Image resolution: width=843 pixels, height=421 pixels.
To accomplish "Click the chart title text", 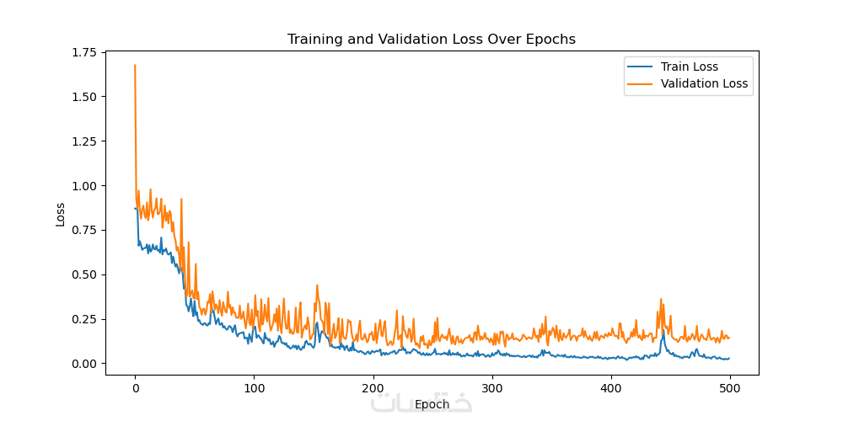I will [x=431, y=40].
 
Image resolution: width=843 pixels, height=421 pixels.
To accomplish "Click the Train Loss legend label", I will [x=695, y=67].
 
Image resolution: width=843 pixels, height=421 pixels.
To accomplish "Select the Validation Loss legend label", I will [x=704, y=83].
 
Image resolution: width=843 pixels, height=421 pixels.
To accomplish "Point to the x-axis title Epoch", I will [x=432, y=404].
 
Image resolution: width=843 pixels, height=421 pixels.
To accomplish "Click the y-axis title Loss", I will [x=60, y=214].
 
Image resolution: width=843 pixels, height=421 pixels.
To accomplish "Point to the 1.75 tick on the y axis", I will [x=83, y=51].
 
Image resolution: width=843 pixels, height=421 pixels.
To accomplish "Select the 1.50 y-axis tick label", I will [x=83, y=96].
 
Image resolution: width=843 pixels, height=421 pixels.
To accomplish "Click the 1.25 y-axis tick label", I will [x=83, y=141].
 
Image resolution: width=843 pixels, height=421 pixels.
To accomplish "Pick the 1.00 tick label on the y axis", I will [x=83, y=185].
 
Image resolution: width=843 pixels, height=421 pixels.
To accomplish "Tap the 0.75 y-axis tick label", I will [x=83, y=230].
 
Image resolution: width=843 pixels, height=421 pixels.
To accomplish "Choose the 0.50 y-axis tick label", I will [x=83, y=274].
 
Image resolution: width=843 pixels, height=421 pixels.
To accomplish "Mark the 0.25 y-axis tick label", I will [x=83, y=319].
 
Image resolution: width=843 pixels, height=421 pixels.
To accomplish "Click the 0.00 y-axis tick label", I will [x=83, y=364].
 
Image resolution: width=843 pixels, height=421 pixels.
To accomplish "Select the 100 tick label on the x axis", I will [x=254, y=388].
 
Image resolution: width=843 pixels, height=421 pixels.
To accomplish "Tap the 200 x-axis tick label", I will [x=373, y=388].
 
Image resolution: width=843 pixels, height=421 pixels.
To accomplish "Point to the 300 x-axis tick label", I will [x=491, y=388].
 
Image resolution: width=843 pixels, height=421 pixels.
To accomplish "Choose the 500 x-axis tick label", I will [x=729, y=388].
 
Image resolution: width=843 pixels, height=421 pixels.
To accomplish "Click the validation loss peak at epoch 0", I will [x=135, y=65].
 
